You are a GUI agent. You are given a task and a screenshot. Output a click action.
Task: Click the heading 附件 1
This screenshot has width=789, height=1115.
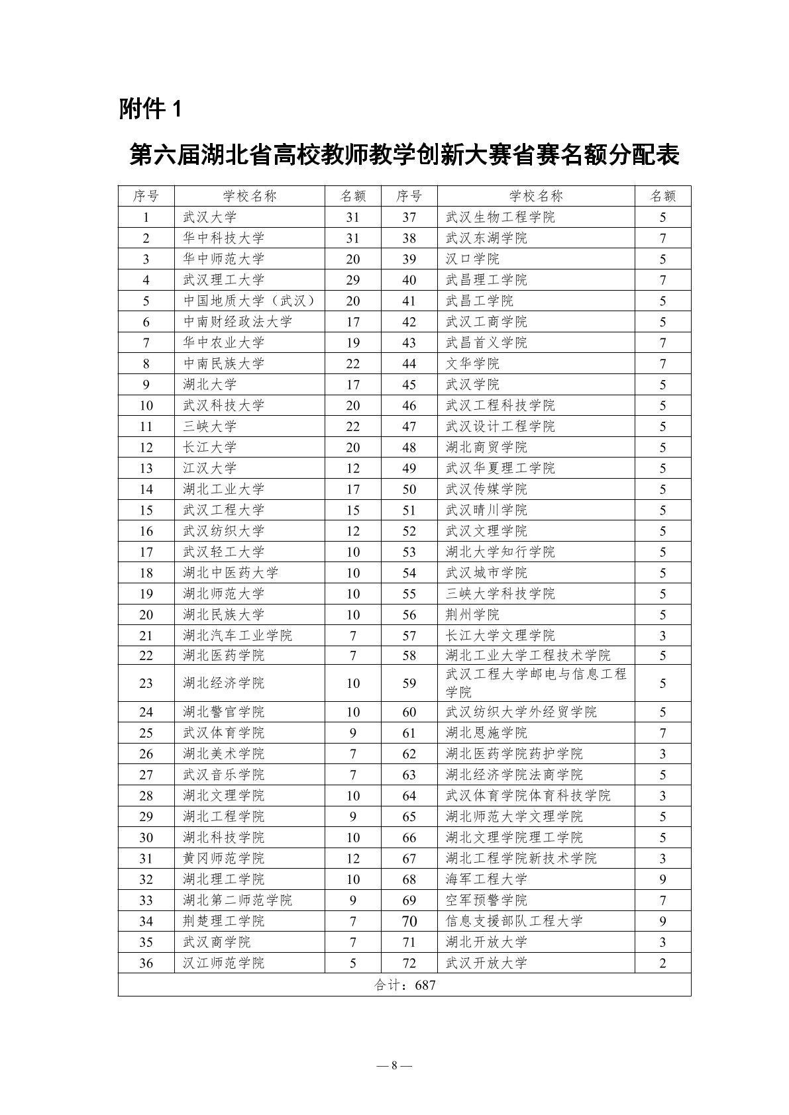pos(150,109)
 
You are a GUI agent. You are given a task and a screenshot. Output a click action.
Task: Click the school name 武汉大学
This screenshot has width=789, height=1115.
pos(209,217)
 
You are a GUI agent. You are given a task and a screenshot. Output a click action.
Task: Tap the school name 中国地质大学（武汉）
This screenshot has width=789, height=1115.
pos(248,301)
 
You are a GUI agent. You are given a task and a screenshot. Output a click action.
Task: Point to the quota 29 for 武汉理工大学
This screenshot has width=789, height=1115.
pos(352,280)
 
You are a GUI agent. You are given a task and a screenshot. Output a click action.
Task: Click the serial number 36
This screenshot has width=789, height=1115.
pos(146,963)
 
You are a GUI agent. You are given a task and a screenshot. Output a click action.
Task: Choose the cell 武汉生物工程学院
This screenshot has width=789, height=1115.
pos(500,217)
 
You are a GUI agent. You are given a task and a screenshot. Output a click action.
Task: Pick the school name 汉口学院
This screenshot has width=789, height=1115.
pos(472,259)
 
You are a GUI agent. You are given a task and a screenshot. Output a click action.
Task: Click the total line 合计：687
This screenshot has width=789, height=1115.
pos(404,985)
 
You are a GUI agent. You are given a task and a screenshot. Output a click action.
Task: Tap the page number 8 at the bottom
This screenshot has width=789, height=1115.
pos(394,1065)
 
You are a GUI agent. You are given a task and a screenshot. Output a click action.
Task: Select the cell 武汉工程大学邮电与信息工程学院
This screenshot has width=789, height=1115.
pos(535,683)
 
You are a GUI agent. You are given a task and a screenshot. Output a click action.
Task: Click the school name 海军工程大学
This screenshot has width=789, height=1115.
pos(486,879)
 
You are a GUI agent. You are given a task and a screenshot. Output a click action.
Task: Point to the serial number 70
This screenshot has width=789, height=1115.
pos(409,921)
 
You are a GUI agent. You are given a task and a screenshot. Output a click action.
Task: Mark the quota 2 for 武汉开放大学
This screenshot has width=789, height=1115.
pos(662,963)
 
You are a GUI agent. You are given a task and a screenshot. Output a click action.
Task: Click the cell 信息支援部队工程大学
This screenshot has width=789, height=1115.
pos(514,921)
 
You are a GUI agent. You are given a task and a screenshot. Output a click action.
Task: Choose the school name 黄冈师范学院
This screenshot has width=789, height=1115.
pos(223,858)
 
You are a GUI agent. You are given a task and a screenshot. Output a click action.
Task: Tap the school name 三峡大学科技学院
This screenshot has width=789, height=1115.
pos(500,594)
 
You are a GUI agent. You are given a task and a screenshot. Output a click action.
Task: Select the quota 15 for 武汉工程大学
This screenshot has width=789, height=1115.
pos(352,510)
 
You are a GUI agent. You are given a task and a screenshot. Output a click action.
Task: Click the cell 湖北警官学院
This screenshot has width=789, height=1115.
pos(223,712)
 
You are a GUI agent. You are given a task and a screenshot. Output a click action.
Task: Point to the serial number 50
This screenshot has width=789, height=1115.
pos(409,489)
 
